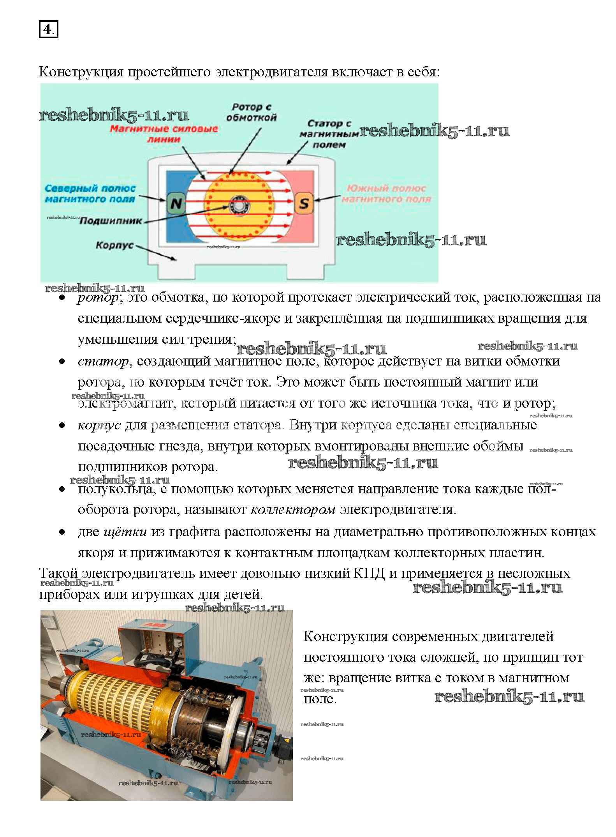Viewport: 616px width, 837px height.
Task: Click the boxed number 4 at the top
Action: (48, 30)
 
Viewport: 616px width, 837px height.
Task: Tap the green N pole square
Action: (176, 203)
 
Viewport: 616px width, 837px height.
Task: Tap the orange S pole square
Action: (304, 203)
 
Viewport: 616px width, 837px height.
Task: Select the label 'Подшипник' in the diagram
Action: (111, 221)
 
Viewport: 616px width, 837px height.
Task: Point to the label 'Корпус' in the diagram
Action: (114, 245)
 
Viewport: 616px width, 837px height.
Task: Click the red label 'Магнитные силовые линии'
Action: (164, 134)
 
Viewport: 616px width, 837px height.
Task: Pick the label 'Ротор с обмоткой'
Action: (251, 112)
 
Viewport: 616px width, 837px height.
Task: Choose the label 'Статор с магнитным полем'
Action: (329, 134)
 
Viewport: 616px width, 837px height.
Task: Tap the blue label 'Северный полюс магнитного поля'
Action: (90, 194)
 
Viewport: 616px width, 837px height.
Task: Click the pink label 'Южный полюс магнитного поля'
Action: (386, 194)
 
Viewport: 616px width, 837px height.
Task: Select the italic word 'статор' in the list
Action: (103, 362)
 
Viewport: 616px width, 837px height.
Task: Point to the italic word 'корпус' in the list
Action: (99, 425)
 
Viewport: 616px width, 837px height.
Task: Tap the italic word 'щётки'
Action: (125, 532)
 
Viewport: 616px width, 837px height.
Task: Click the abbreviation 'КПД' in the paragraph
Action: (369, 574)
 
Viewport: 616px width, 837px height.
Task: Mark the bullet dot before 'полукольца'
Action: (62, 489)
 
